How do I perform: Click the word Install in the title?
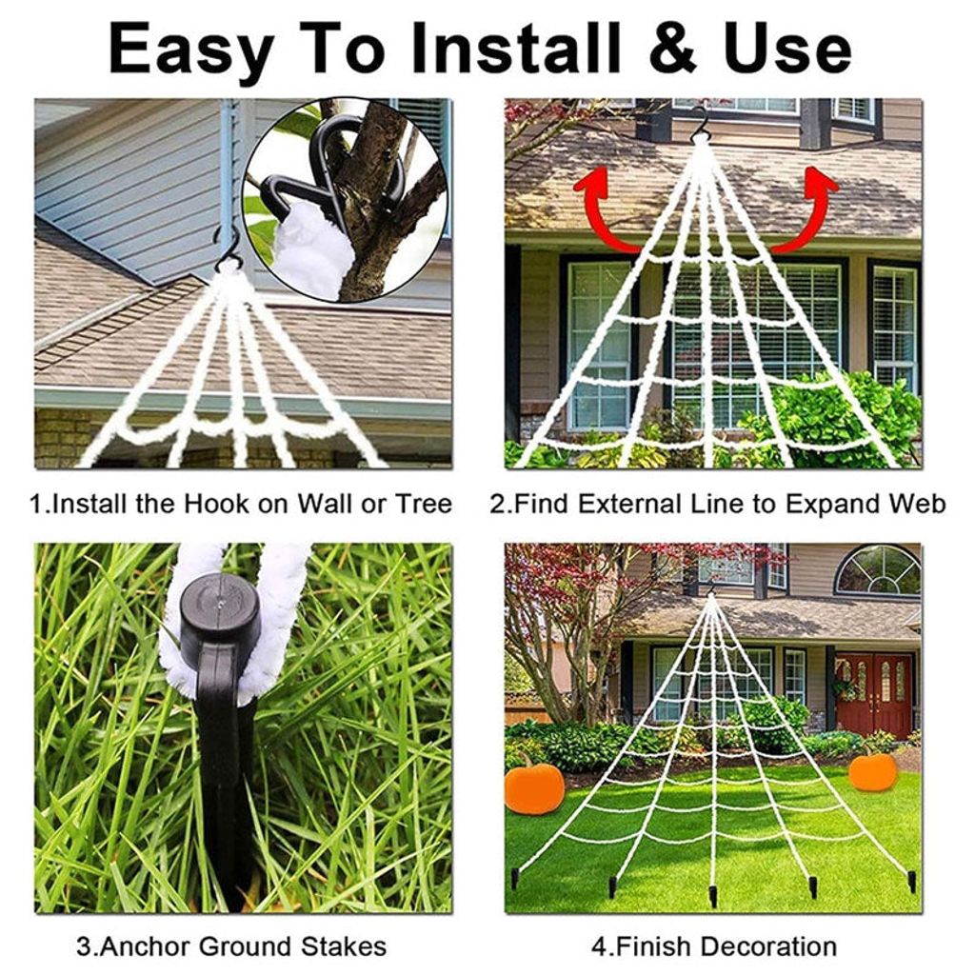515,49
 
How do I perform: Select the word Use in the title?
787,50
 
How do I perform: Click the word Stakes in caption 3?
344,946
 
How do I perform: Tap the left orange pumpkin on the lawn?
534,788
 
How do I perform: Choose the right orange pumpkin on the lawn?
873,771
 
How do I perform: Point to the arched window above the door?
877,570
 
